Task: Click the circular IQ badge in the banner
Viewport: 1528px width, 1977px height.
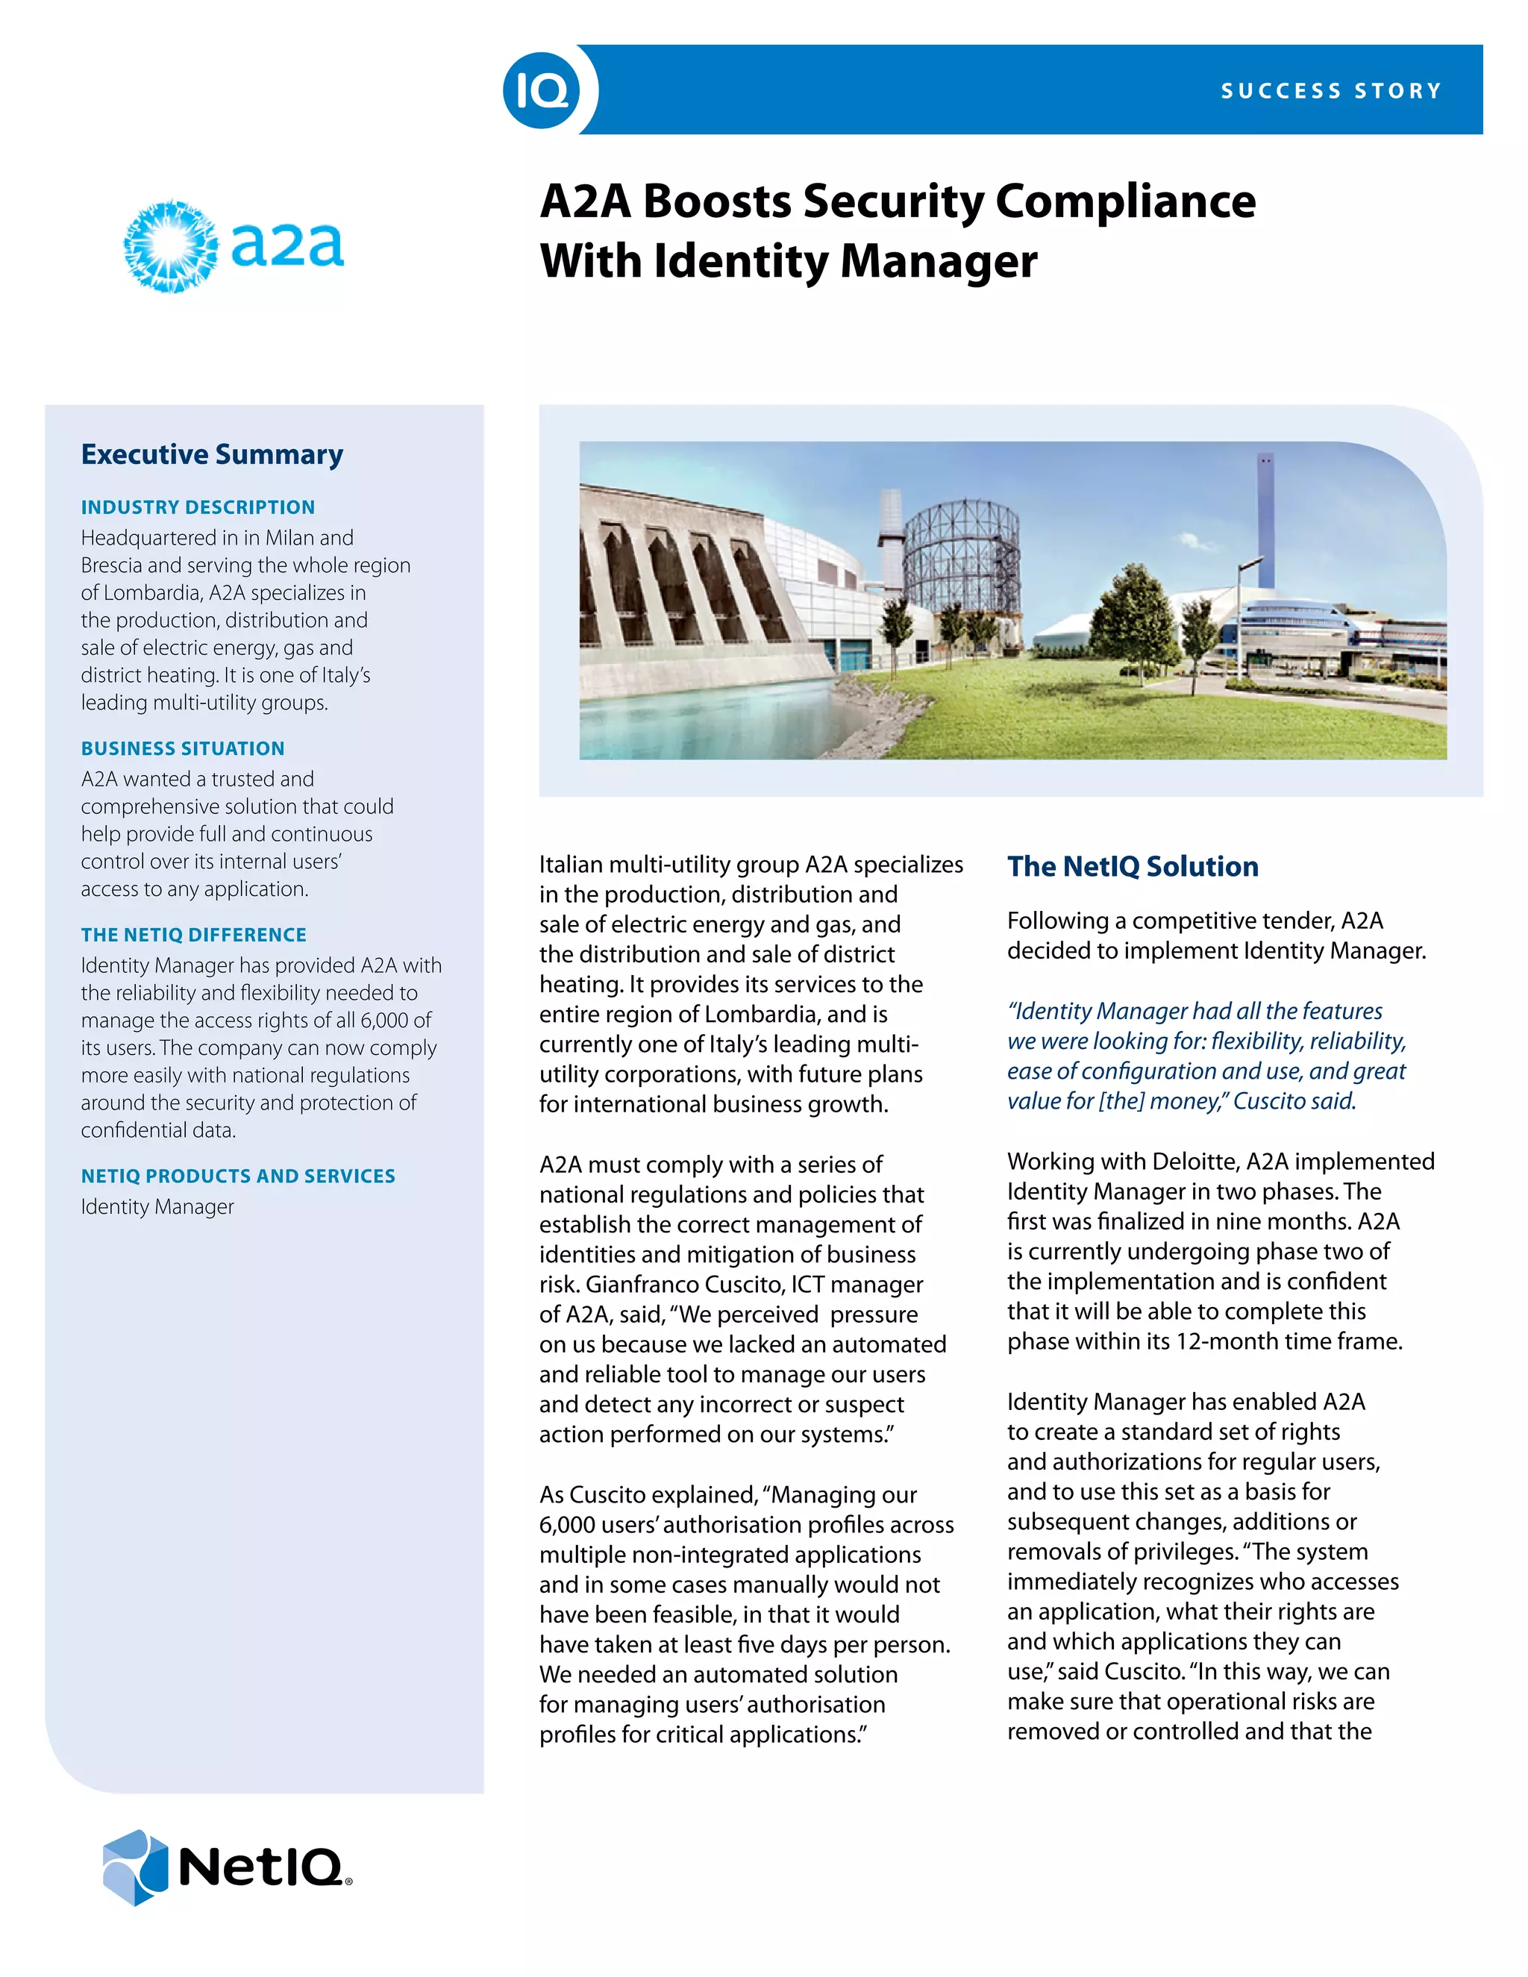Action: point(542,90)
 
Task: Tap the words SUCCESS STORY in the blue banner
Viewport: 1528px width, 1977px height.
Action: point(1331,90)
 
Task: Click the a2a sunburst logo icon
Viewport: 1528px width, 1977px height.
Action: point(170,246)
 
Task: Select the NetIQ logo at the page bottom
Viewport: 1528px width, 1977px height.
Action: point(226,1867)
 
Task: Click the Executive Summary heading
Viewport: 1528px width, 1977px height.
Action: point(212,454)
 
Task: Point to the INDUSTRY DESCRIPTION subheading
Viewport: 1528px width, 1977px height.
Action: point(197,507)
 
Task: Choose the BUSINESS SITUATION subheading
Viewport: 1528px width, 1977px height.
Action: point(183,748)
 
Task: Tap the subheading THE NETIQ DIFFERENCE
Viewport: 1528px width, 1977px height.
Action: point(194,935)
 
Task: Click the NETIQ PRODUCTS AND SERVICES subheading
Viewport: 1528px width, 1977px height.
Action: point(238,1176)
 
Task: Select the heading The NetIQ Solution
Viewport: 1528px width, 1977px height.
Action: point(1133,866)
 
